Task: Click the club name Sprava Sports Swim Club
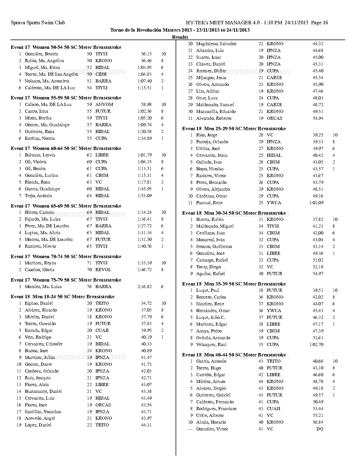click(x=38, y=23)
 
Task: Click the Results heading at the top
click(x=180, y=37)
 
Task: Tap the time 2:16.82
click(x=144, y=287)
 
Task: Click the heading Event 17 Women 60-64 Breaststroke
click(x=66, y=148)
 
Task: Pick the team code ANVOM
click(x=104, y=104)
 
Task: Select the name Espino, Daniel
click(x=39, y=303)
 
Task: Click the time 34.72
click(x=146, y=303)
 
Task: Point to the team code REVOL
click(x=103, y=270)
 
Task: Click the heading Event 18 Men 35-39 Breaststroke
click(x=234, y=284)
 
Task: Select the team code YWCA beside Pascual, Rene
click(x=274, y=203)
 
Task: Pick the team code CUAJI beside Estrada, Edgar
click(x=102, y=330)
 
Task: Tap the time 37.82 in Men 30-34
click(x=318, y=219)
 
